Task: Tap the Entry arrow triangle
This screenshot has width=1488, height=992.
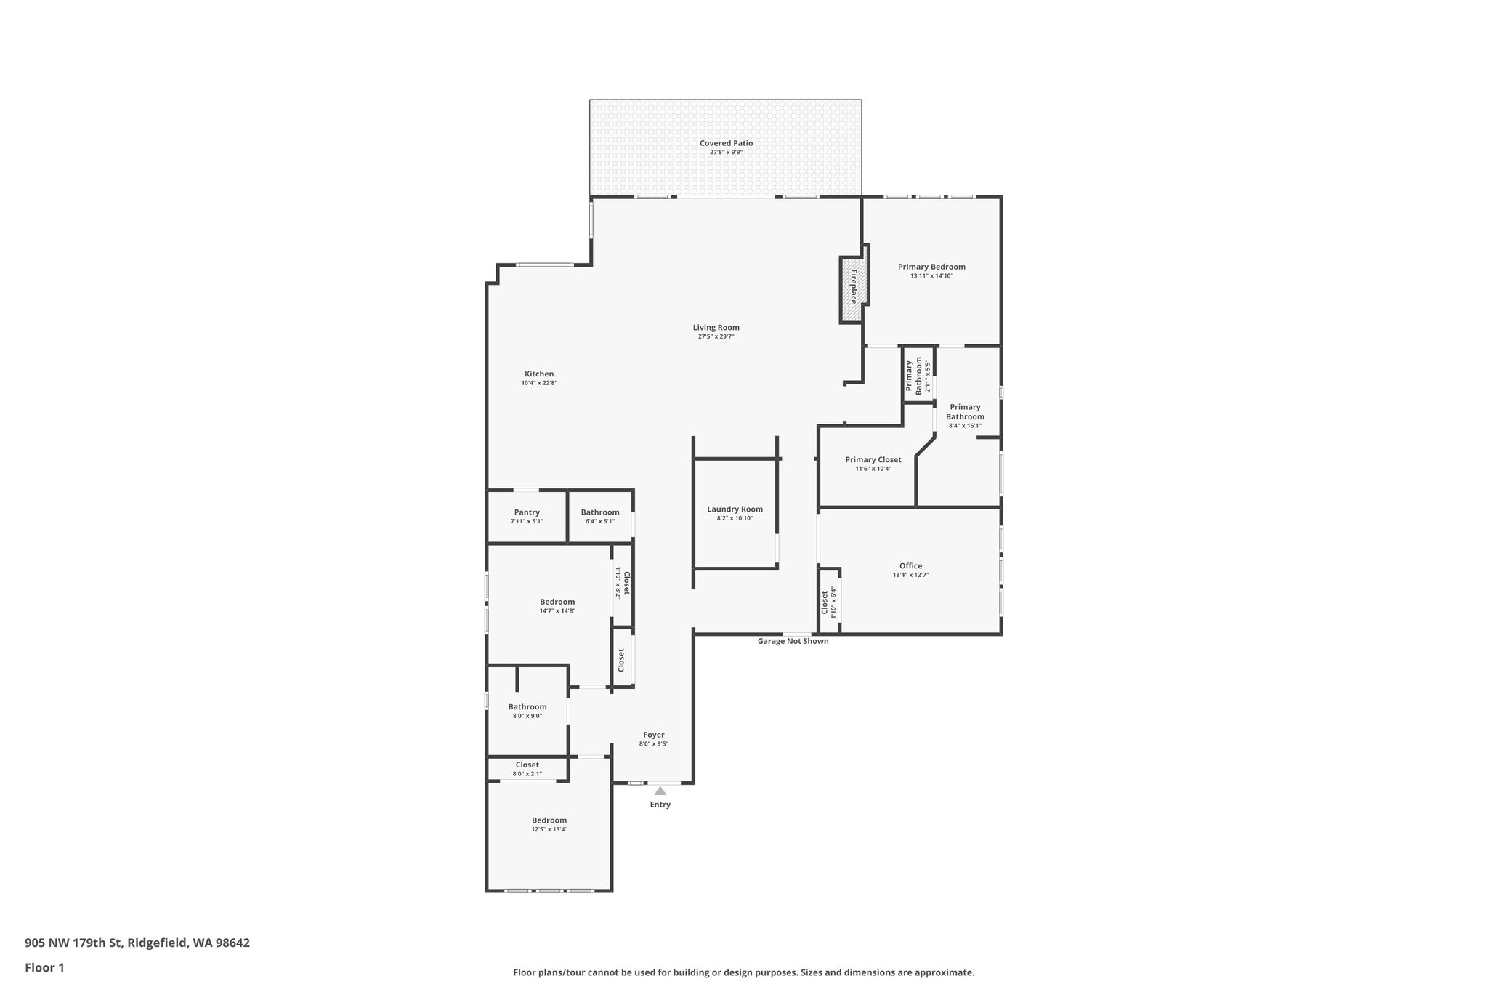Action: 660,791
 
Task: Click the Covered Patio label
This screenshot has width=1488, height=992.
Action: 726,143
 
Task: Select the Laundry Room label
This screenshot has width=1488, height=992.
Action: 735,509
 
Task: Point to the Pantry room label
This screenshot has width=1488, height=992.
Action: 527,512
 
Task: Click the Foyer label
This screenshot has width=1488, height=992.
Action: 653,735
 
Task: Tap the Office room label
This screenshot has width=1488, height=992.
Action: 910,565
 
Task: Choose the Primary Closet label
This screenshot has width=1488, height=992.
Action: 873,459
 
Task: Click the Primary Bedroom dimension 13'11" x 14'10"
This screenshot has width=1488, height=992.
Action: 931,276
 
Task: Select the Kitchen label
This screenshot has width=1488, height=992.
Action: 539,374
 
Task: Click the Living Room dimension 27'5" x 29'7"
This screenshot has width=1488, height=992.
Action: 716,336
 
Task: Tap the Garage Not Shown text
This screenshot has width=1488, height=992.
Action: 793,641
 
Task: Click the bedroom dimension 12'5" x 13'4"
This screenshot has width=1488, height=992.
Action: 549,829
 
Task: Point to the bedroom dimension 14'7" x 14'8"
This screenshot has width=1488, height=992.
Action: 557,611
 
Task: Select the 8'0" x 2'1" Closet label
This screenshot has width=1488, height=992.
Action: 527,765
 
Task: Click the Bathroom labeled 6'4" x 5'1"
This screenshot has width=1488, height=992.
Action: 600,512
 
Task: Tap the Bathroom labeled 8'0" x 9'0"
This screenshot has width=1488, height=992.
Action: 527,706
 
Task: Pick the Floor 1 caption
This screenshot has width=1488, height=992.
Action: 44,967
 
